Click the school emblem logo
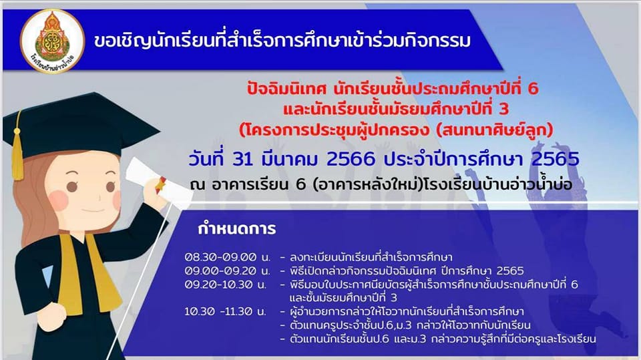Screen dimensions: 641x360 pyautogui.click(x=52, y=41)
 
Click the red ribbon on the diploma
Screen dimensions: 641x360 pyautogui.click(x=160, y=185)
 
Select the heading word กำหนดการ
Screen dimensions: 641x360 pyautogui.click(x=236, y=228)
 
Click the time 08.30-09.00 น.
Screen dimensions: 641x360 pyautogui.click(x=227, y=257)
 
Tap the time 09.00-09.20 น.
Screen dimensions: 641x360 pyautogui.click(x=227, y=271)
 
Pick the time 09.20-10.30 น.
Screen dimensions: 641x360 pyautogui.click(x=225, y=285)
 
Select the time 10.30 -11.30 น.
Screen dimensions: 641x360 pyautogui.click(x=225, y=311)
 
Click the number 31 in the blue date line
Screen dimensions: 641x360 pyautogui.click(x=242, y=160)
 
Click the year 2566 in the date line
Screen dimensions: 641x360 pyautogui.click(x=351, y=160)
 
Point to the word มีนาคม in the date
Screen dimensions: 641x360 pyautogui.click(x=289, y=160)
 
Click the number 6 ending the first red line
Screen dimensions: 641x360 pyautogui.click(x=533, y=89)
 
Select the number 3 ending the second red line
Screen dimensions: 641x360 pyautogui.click(x=503, y=110)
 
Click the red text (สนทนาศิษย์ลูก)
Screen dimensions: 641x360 pyautogui.click(x=495, y=130)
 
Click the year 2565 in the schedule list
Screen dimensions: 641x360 pyautogui.click(x=510, y=271)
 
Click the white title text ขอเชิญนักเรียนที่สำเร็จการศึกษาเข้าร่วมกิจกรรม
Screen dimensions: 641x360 pyautogui.click(x=282, y=41)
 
